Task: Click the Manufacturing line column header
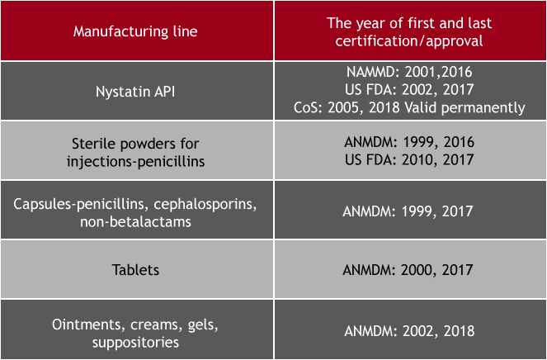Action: (x=135, y=31)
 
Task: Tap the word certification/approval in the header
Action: (x=409, y=41)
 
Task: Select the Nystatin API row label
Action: (x=135, y=92)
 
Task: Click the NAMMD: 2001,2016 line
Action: (x=409, y=72)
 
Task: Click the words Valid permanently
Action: (x=464, y=108)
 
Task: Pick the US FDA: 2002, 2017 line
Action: (x=409, y=89)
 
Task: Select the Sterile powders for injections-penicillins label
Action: (x=135, y=152)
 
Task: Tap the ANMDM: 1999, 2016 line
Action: (x=409, y=142)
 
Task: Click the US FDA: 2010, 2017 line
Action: (x=409, y=159)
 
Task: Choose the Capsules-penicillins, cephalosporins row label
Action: (x=135, y=204)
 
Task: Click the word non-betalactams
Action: (x=135, y=222)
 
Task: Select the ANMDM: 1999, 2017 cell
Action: (x=408, y=211)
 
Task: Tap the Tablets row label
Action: (x=135, y=270)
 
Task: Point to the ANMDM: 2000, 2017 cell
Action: (x=408, y=270)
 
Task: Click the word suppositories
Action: (x=135, y=343)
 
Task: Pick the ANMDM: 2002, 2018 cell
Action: (x=409, y=330)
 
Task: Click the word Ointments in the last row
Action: (x=88, y=324)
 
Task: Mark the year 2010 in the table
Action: (x=418, y=159)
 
